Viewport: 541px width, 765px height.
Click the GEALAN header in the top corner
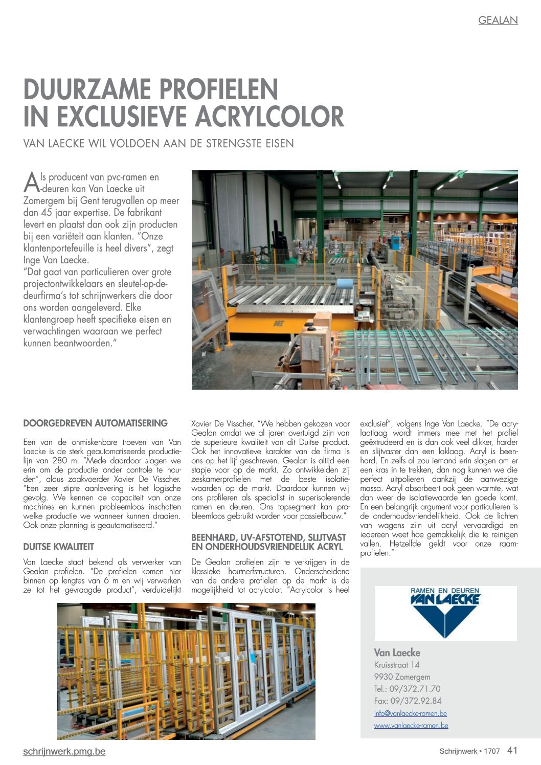(x=498, y=20)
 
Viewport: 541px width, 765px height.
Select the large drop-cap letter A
(x=31, y=181)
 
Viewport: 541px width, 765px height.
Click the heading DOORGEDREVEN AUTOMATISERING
(x=95, y=423)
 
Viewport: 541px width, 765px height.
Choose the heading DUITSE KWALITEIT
(x=58, y=547)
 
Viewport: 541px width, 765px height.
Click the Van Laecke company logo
(x=445, y=613)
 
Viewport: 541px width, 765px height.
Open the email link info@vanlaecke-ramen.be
(x=410, y=713)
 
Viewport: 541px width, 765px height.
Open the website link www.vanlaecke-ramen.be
(x=411, y=725)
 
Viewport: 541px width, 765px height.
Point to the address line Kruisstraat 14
(x=396, y=665)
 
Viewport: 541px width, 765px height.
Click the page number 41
(x=512, y=750)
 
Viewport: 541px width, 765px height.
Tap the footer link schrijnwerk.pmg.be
(x=64, y=751)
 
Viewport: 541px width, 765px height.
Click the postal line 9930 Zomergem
(x=402, y=677)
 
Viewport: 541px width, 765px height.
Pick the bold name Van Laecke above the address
(x=397, y=652)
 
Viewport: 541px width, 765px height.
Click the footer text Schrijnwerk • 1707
(x=469, y=751)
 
